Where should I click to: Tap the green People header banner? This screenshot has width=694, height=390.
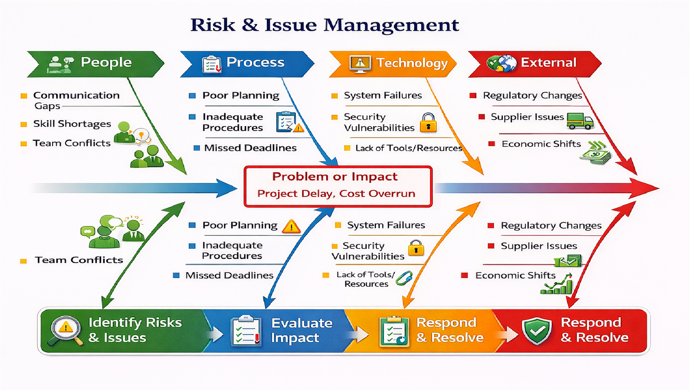[95, 64]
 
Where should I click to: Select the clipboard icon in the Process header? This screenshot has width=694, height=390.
[212, 64]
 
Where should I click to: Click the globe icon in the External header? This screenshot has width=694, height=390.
[502, 63]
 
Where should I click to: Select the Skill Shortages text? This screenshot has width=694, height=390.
[72, 124]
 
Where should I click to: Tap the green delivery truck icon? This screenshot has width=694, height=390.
[579, 121]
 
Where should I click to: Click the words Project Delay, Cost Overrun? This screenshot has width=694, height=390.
[336, 194]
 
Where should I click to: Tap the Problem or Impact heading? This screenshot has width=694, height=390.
[334, 177]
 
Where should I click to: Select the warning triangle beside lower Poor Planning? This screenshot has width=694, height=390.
[291, 226]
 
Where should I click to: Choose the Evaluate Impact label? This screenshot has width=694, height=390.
[301, 330]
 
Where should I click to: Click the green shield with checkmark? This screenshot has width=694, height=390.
[537, 331]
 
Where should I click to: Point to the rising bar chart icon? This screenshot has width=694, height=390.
[557, 285]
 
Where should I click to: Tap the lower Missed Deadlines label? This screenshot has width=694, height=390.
[229, 276]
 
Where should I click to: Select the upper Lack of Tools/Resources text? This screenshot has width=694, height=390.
[409, 148]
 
